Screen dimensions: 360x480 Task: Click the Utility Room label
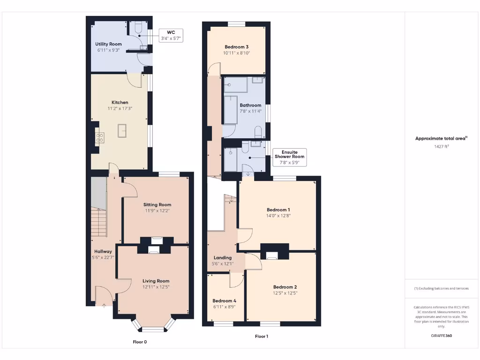pyautogui.click(x=108, y=44)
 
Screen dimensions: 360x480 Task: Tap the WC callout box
pyautogui.click(x=171, y=35)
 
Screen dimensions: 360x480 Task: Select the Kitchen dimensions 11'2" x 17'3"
pyautogui.click(x=120, y=108)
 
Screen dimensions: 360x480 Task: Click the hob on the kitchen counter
pyautogui.click(x=100, y=137)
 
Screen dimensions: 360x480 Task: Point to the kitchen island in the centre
pyautogui.click(x=122, y=131)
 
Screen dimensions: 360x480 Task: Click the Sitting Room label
pyautogui.click(x=157, y=204)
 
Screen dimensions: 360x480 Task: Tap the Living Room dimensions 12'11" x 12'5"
pyautogui.click(x=156, y=287)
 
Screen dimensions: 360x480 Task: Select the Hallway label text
pyautogui.click(x=103, y=251)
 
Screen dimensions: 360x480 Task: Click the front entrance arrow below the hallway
pyautogui.click(x=104, y=305)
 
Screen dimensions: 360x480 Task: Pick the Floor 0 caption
pyautogui.click(x=140, y=342)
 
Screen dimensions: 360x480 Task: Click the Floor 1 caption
pyautogui.click(x=261, y=336)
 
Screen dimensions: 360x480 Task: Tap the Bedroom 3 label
pyautogui.click(x=236, y=47)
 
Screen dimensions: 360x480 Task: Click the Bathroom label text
pyautogui.click(x=250, y=105)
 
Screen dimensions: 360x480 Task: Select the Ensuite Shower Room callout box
pyautogui.click(x=290, y=157)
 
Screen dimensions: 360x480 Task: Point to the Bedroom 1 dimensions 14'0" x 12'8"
pyautogui.click(x=278, y=216)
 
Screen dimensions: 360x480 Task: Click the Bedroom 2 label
pyautogui.click(x=285, y=287)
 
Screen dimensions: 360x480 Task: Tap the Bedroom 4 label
pyautogui.click(x=224, y=300)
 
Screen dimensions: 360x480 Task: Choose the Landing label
pyautogui.click(x=222, y=258)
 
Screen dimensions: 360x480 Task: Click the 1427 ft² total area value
pyautogui.click(x=441, y=147)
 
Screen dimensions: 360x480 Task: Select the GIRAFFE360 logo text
pyautogui.click(x=441, y=336)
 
